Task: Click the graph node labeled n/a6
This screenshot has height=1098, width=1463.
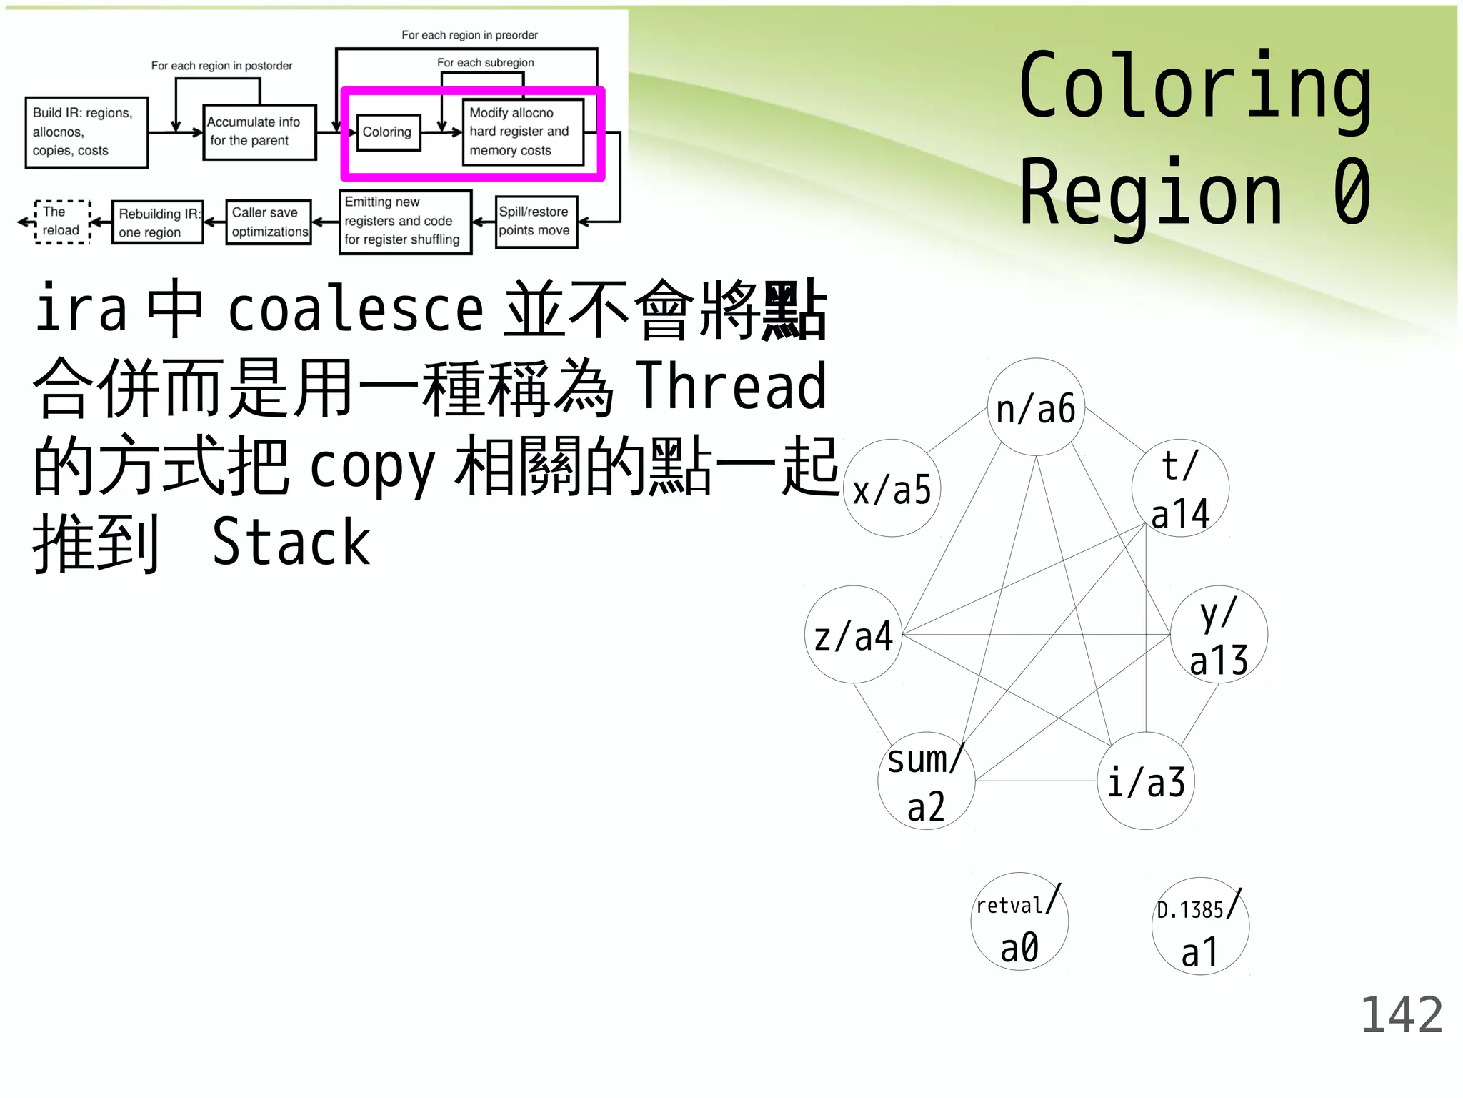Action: click(1036, 407)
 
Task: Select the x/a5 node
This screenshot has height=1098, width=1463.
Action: click(892, 488)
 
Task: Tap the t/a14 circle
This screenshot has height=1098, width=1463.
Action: click(1180, 488)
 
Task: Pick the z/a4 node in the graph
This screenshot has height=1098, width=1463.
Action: click(853, 634)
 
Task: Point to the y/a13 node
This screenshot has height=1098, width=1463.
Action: click(1219, 634)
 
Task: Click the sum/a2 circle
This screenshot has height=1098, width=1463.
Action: click(926, 781)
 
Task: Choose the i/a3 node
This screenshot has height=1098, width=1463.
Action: click(1146, 781)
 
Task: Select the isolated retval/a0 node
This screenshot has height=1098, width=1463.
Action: click(1019, 921)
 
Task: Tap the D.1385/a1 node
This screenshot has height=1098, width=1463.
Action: click(1200, 926)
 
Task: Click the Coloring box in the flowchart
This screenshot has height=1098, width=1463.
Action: click(388, 132)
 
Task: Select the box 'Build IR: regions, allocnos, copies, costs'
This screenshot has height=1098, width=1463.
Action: click(86, 132)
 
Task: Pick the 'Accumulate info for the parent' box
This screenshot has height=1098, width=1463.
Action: click(259, 132)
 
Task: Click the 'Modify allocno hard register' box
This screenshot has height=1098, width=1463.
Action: click(523, 132)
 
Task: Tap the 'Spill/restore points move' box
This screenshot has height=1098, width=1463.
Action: click(536, 222)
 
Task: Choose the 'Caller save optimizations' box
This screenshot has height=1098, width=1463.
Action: click(269, 222)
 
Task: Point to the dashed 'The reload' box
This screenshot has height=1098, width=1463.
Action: click(62, 222)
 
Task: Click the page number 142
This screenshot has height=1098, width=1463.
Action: click(1401, 1014)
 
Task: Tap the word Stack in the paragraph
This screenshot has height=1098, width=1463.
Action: click(291, 542)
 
